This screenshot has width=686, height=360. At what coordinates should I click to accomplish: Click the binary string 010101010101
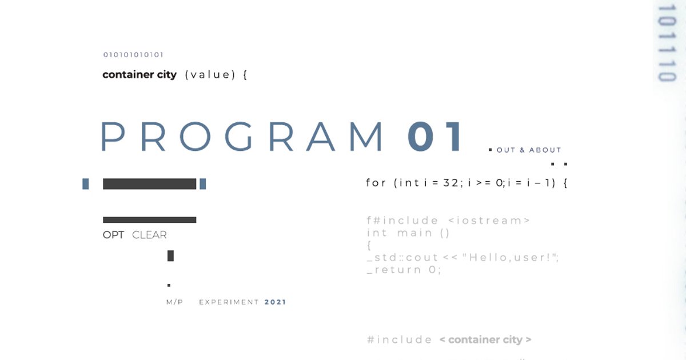(133, 55)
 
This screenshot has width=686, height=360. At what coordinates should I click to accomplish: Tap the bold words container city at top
(139, 74)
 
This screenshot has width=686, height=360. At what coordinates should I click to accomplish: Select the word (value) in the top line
(210, 75)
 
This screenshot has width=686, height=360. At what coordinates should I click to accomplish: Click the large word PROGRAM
(242, 137)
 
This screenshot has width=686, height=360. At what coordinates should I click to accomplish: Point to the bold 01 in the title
(434, 137)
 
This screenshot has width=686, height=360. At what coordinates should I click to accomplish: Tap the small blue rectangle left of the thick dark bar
(86, 184)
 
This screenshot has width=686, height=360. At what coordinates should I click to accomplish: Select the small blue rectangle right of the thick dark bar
(203, 184)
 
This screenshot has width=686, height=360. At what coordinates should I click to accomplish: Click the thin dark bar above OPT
(149, 220)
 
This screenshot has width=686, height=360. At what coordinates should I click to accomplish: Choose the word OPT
(113, 235)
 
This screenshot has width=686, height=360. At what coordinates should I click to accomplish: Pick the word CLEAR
(149, 235)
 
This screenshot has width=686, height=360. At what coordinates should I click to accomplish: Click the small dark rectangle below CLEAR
(170, 256)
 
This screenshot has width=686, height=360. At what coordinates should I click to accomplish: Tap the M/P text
(174, 302)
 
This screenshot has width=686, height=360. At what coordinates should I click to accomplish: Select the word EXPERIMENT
(229, 302)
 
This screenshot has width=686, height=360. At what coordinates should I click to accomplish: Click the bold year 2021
(276, 302)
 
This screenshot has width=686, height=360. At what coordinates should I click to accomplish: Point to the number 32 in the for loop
(450, 183)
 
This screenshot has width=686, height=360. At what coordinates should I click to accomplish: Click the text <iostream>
(489, 221)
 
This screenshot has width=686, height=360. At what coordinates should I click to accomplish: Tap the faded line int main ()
(408, 233)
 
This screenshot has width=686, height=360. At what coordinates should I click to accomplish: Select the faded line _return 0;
(404, 270)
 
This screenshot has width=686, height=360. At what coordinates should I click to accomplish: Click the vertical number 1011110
(667, 43)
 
